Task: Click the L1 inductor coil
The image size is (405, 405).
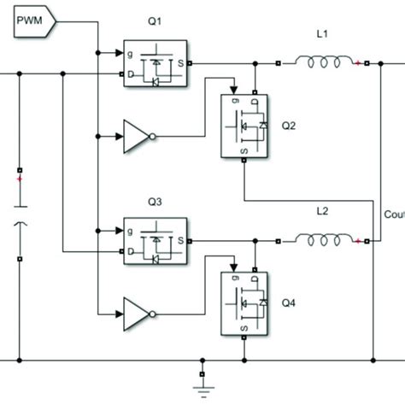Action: (x=325, y=62)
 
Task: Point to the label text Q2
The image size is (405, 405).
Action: (x=290, y=124)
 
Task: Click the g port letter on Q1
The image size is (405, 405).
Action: (x=131, y=52)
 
